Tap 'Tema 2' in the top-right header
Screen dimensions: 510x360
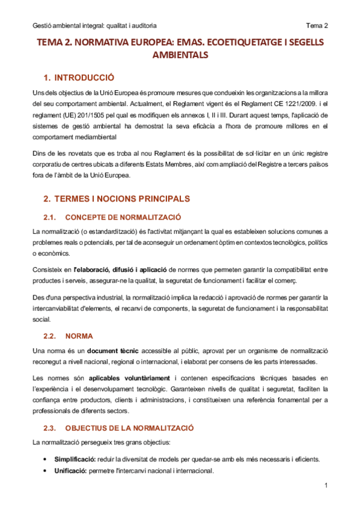(x=317, y=26)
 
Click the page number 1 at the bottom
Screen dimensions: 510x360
(x=325, y=485)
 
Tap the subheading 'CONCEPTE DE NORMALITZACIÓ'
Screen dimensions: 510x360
(x=123, y=217)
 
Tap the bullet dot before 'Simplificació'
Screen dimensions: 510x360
(x=46, y=459)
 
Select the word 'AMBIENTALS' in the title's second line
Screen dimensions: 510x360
(x=180, y=55)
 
